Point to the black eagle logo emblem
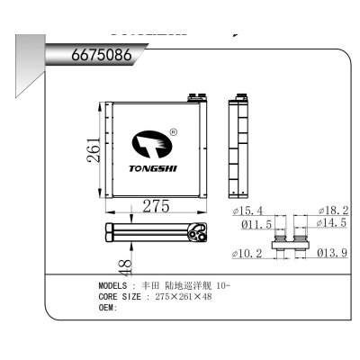click(152, 143)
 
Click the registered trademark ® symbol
click(173, 133)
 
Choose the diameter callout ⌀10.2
click(247, 254)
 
